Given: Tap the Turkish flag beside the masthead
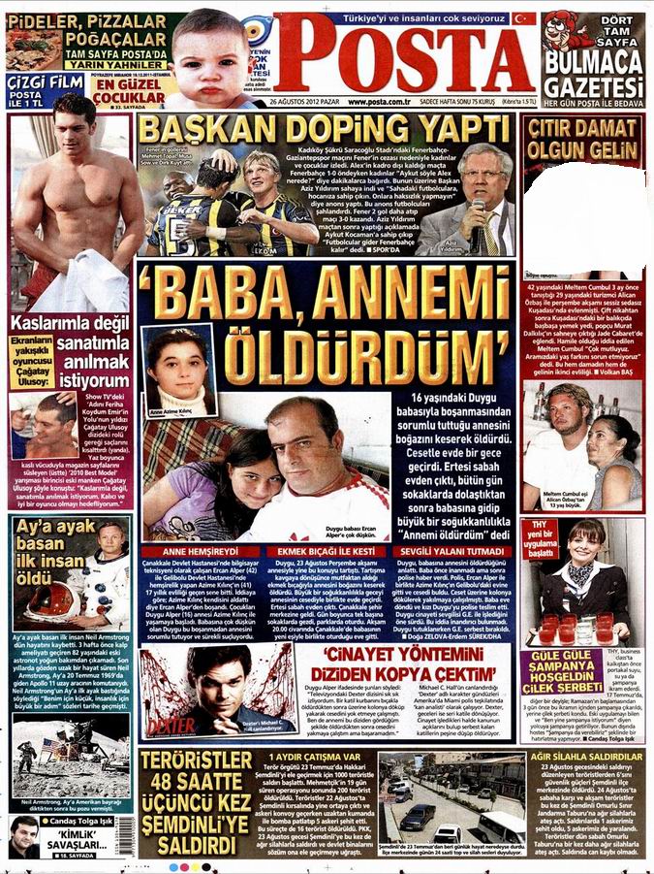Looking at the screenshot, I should [524, 18].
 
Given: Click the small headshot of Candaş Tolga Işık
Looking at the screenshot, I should [24, 836].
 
